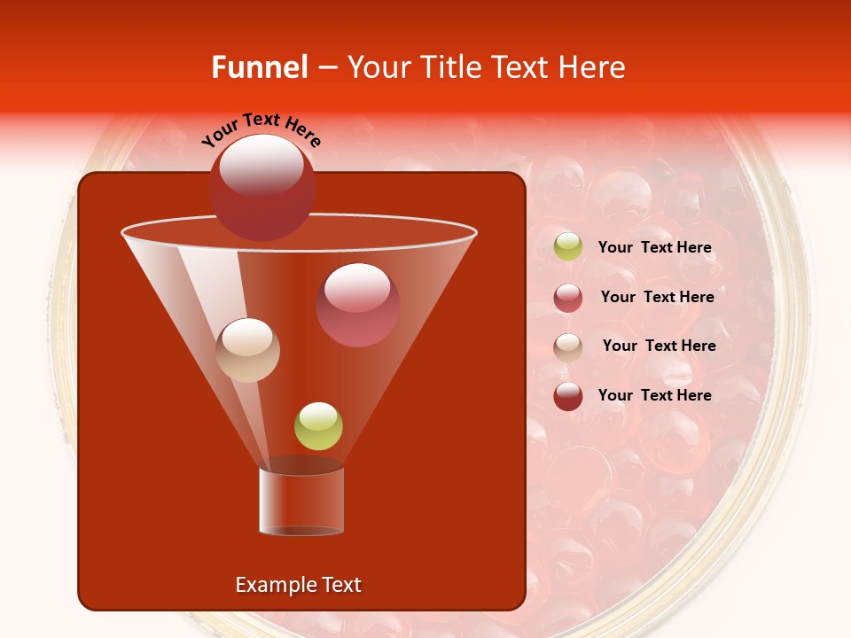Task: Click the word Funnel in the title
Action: pos(260,67)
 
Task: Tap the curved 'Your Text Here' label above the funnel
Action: pos(262,129)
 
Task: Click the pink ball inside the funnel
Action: pos(358,305)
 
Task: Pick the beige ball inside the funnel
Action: pos(248,350)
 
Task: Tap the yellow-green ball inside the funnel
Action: pos(318,426)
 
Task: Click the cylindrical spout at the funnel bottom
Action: pos(301,501)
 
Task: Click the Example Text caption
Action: pos(299,585)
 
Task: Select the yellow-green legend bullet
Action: pos(568,247)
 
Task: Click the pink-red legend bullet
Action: pos(568,298)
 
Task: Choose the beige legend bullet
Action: pos(568,346)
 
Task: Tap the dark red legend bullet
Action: pos(568,396)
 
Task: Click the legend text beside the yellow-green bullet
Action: pos(654,248)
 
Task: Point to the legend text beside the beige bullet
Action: pos(659,346)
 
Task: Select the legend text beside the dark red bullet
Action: pos(654,396)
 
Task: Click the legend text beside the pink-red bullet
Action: pos(657,298)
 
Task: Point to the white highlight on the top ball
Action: pos(262,165)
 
